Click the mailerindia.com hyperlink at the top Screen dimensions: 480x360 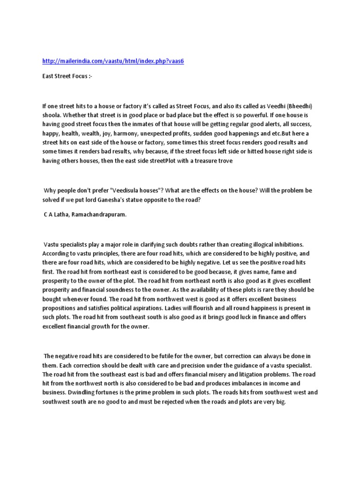pos(113,62)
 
